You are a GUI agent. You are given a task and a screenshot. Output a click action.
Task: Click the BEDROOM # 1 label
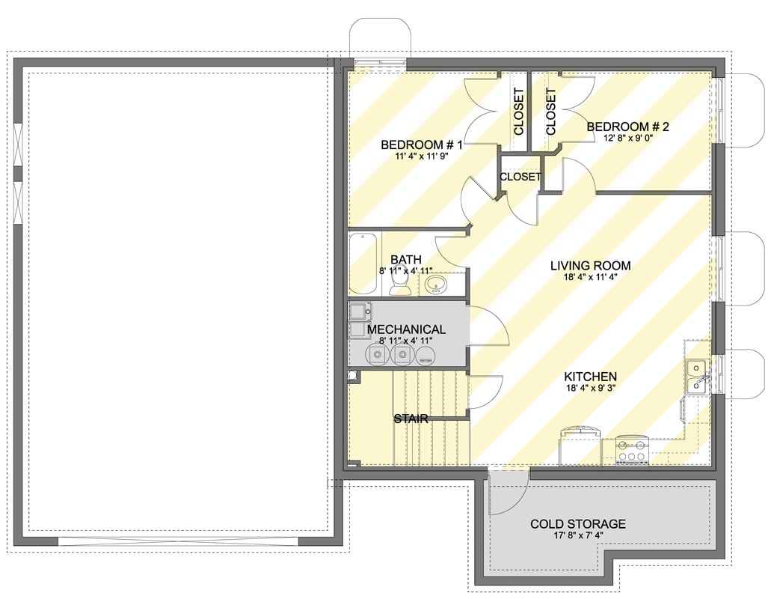tap(422, 145)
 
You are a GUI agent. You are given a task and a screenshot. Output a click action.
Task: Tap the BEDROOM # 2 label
tap(627, 127)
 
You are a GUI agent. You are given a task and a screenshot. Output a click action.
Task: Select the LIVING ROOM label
tap(590, 266)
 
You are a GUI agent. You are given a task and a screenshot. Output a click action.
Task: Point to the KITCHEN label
tap(590, 377)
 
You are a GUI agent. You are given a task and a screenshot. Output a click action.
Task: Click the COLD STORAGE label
tap(577, 524)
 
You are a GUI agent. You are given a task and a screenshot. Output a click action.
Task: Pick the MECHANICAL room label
tap(406, 329)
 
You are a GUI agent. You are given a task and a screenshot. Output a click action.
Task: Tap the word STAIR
tap(411, 419)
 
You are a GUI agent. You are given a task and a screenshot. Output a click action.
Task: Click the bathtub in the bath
tap(364, 263)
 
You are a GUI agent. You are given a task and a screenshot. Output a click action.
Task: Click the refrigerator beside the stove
tap(580, 446)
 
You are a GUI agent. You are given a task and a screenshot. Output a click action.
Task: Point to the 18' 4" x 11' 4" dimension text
tap(590, 278)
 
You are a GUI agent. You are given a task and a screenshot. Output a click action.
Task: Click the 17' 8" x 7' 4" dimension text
tap(577, 536)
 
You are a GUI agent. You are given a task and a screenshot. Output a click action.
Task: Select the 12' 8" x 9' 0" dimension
tap(627, 139)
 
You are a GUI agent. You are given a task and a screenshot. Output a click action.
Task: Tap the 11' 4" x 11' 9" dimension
tap(422, 156)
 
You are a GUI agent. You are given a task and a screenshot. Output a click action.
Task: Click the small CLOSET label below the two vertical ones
tap(520, 177)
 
